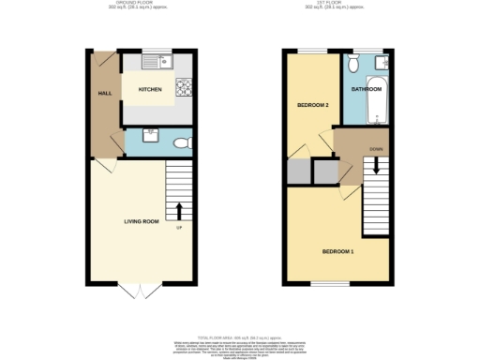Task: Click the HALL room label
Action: point(104,94)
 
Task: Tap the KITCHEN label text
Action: point(150,90)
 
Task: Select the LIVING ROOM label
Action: point(142,221)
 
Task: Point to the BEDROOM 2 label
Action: point(312,104)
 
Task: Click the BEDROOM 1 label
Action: point(337,252)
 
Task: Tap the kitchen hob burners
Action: point(184,90)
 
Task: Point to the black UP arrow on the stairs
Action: point(178,209)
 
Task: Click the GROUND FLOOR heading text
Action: point(142,5)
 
